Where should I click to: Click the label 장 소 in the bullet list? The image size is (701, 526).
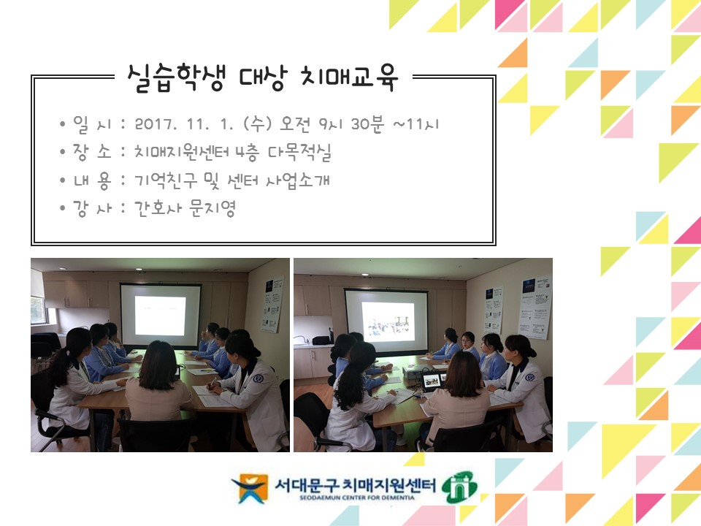(92, 152)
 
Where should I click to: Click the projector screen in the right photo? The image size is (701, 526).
(386, 320)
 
